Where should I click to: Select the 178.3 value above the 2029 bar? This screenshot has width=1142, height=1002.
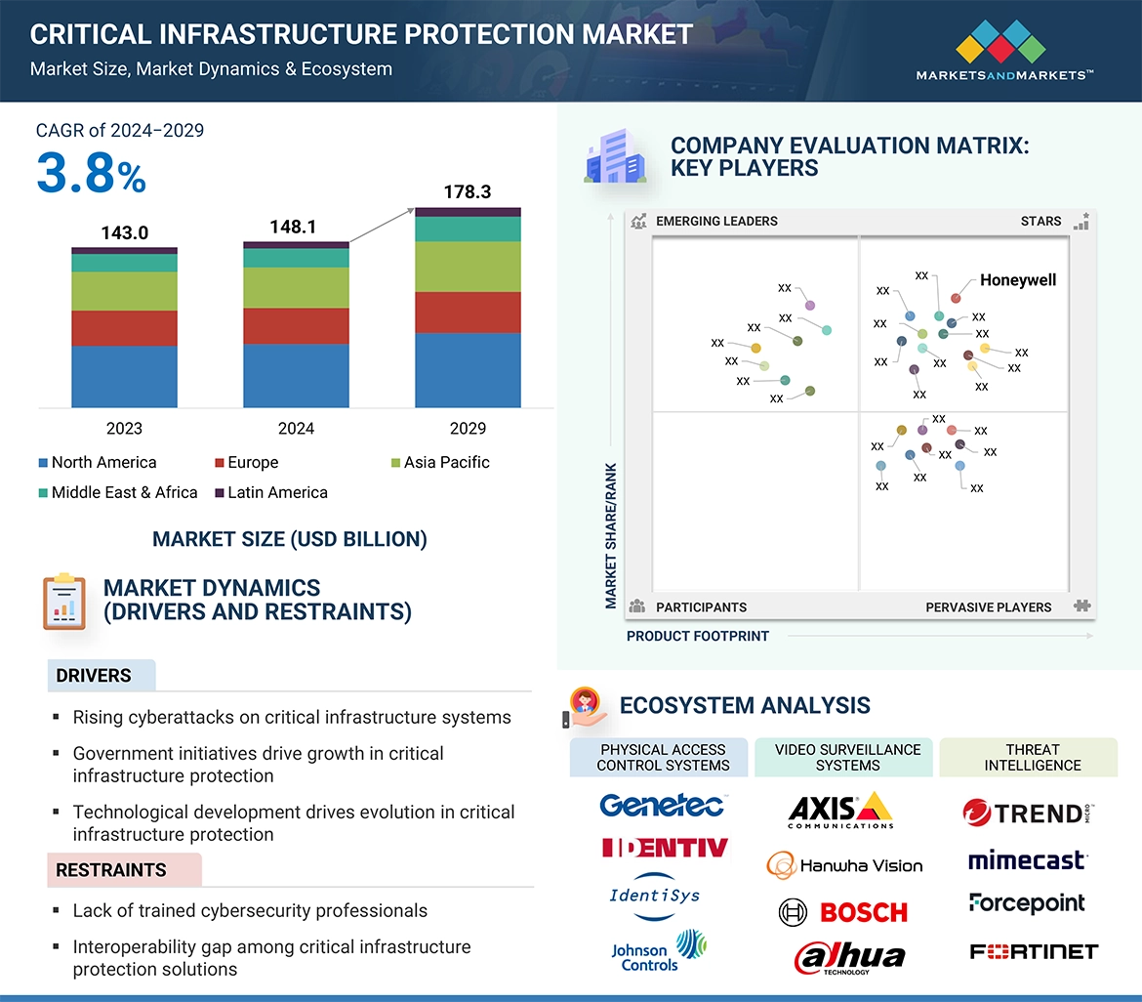tap(467, 191)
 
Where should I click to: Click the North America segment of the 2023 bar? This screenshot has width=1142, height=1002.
tap(124, 376)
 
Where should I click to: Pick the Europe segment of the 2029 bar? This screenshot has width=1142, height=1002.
tap(468, 313)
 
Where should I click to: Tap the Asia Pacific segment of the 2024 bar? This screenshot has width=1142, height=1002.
tap(296, 288)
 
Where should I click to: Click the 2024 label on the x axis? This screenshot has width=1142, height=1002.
tap(296, 428)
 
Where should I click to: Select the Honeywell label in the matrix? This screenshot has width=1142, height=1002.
tap(1018, 280)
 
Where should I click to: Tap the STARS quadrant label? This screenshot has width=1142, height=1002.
tap(1040, 221)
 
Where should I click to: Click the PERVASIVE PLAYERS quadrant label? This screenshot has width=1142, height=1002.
tap(988, 606)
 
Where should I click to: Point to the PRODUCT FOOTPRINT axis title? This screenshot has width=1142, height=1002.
tap(698, 636)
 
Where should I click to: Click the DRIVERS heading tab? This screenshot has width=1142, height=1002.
tap(94, 676)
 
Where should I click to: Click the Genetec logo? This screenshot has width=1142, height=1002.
tap(662, 805)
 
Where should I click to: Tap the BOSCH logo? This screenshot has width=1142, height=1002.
tap(844, 912)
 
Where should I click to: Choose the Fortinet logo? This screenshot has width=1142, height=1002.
tap(1034, 951)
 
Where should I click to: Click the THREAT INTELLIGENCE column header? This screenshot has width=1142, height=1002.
tap(1033, 758)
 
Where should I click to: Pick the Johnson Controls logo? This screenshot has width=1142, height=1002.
tap(658, 951)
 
